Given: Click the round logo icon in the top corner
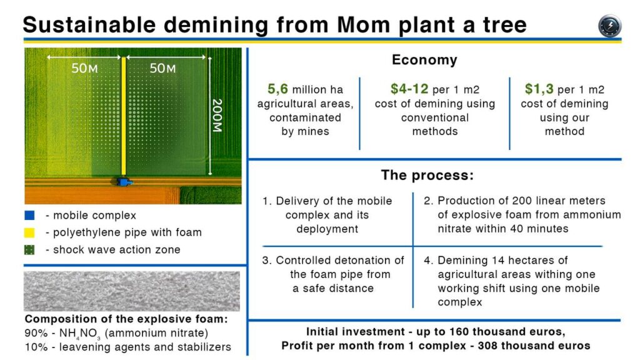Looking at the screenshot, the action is point(610,25).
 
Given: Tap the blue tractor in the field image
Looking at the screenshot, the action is point(124,182).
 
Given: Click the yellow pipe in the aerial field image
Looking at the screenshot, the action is point(124,116).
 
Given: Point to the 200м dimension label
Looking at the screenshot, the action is point(217,116).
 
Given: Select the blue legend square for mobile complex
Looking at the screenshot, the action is point(29,215).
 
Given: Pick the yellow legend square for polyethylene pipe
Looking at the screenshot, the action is point(29,232).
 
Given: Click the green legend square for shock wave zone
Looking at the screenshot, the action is point(29,249).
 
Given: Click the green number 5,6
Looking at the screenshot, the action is point(277,89).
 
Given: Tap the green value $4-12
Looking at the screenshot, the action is point(409,89).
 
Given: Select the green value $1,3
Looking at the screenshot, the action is point(539,89).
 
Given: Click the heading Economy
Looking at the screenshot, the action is point(424,60).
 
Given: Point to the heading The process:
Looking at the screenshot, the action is point(427,175).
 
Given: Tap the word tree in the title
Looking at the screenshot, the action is point(505,24).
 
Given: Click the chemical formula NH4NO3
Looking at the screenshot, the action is point(80,334).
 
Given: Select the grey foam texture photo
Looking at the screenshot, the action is point(132,291).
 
